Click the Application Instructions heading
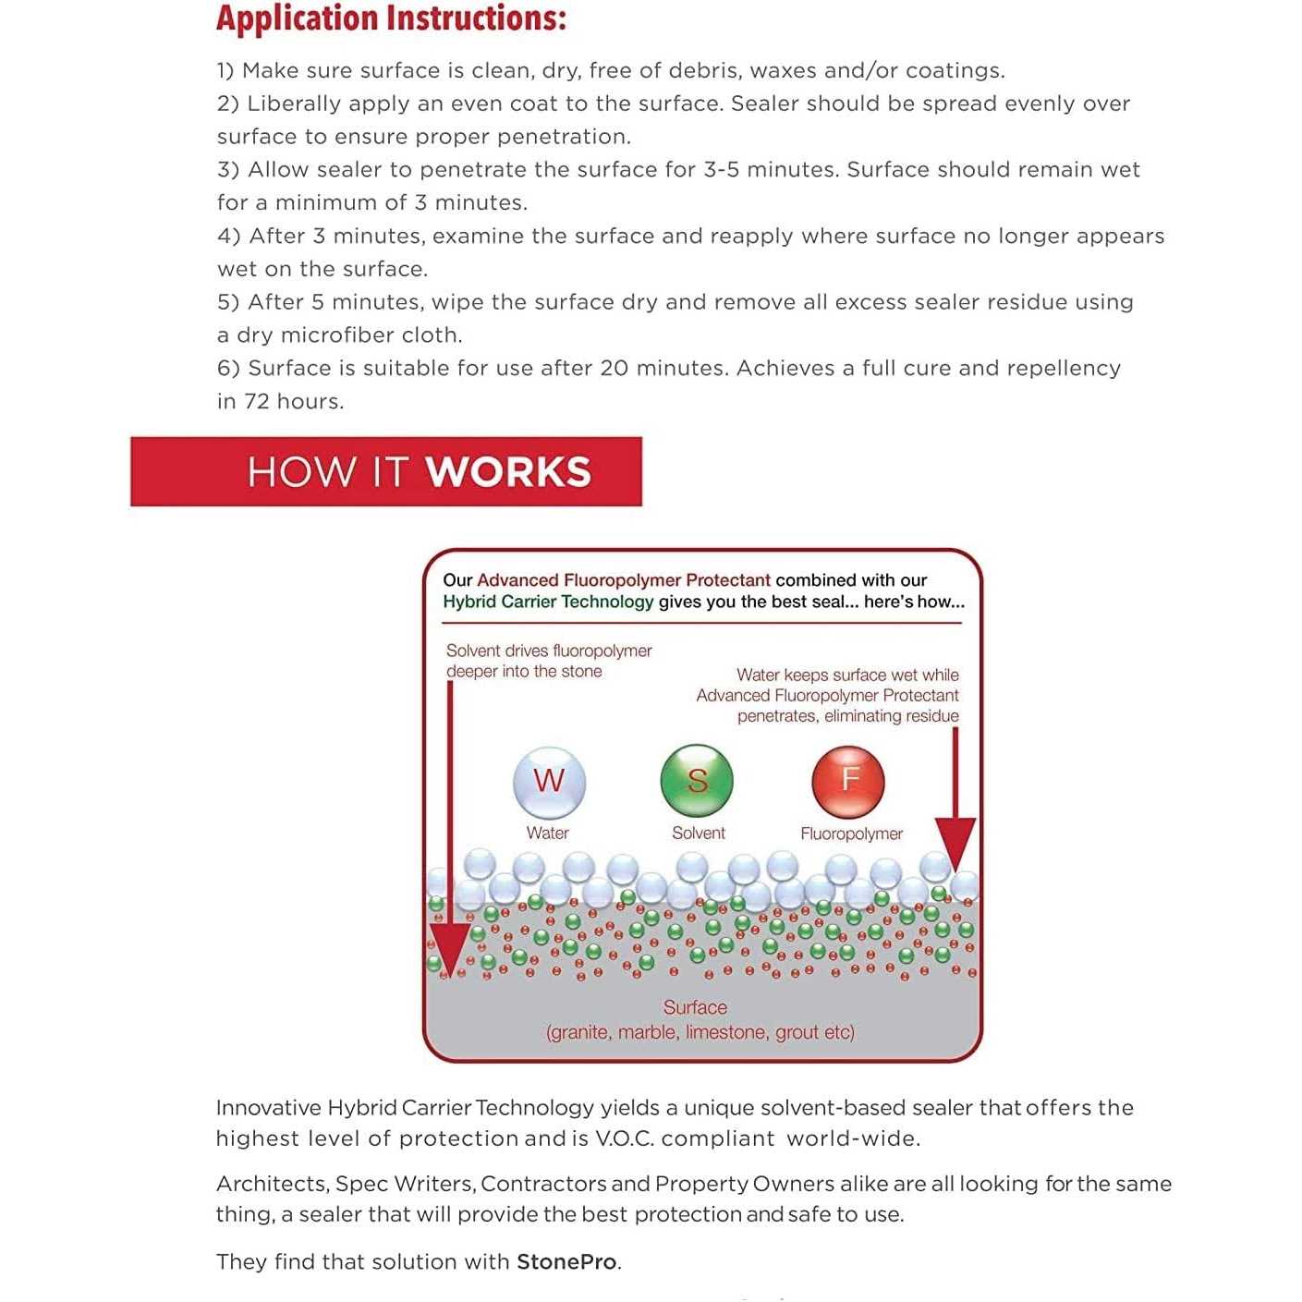(391, 18)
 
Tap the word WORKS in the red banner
(508, 472)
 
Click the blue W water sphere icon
(549, 782)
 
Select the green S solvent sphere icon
(697, 781)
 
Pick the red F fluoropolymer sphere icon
(848, 781)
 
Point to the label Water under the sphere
(548, 833)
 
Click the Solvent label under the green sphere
(699, 833)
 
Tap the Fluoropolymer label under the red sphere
(851, 834)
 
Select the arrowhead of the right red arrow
(955, 843)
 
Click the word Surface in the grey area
(695, 1007)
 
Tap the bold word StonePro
(567, 1262)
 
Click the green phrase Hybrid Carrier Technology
(548, 602)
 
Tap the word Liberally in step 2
(293, 103)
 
